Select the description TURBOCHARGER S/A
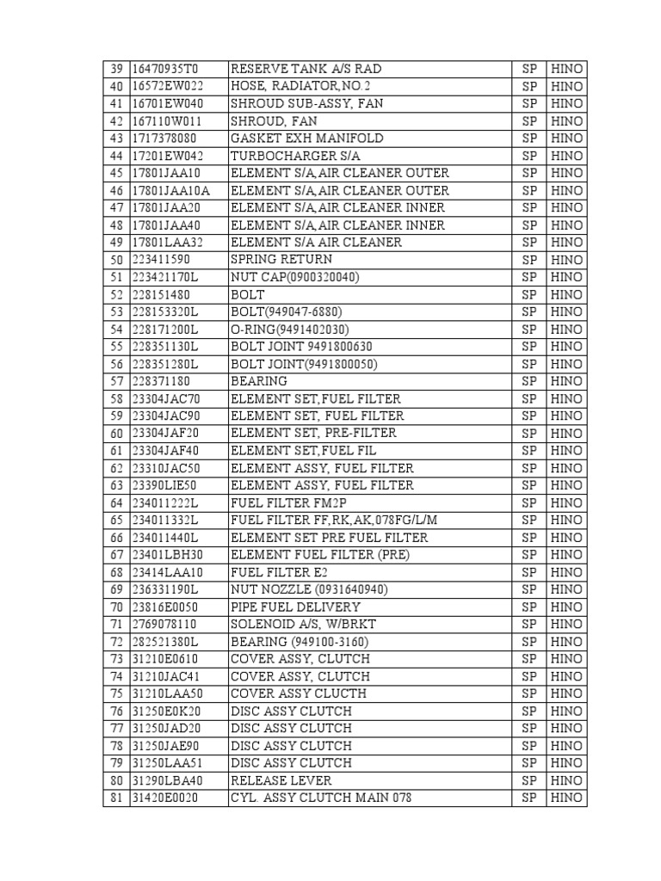click(x=287, y=156)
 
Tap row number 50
click(x=116, y=260)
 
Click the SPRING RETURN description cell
click(x=281, y=260)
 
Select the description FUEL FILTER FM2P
click(x=287, y=503)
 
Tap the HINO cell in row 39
click(x=566, y=69)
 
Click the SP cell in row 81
click(x=528, y=798)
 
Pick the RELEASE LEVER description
click(x=281, y=781)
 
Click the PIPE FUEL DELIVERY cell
click(x=295, y=607)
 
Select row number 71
click(x=116, y=625)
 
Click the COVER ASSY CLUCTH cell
click(x=298, y=694)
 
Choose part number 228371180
click(x=162, y=381)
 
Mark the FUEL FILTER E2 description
click(x=279, y=573)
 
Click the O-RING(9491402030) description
click(x=290, y=330)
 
